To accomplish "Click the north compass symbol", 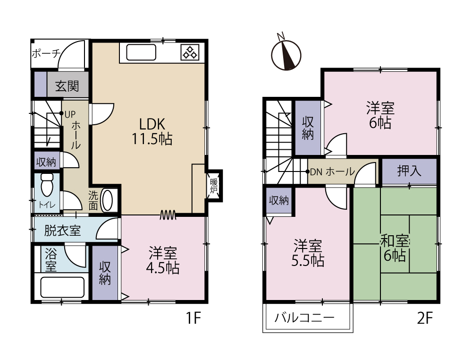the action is click(x=286, y=55).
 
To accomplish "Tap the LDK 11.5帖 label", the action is click(x=152, y=132).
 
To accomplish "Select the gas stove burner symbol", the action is click(x=190, y=52).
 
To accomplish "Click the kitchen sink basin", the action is click(x=141, y=52).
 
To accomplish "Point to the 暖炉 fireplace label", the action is click(x=214, y=186).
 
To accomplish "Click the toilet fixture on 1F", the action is click(x=47, y=185).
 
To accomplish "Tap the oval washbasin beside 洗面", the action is click(x=108, y=200).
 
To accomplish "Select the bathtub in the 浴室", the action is click(x=62, y=287).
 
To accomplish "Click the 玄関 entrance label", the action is click(x=67, y=86).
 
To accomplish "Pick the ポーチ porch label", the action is click(x=46, y=54).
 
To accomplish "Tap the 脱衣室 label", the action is click(x=62, y=231).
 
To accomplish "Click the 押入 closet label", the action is click(x=409, y=171).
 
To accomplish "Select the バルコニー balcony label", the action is click(x=304, y=318).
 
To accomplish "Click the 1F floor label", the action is click(x=193, y=318).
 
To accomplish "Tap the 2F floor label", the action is click(x=425, y=318).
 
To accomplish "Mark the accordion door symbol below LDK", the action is click(x=168, y=214).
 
